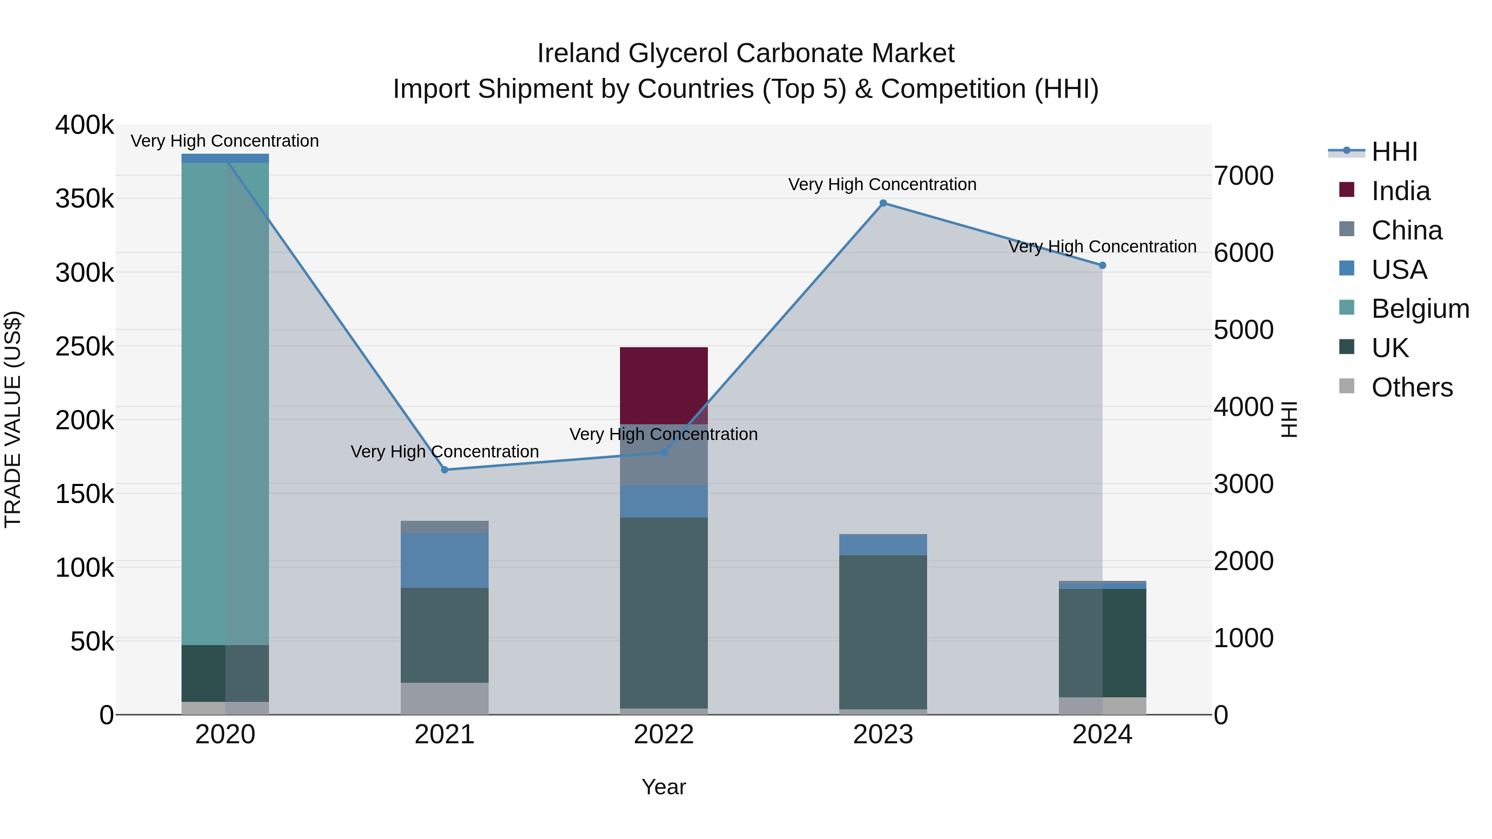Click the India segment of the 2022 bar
point(664,386)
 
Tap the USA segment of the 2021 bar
point(444,561)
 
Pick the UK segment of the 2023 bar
point(883,632)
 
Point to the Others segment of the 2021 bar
point(444,698)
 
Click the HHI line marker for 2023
point(883,203)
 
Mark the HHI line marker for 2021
point(444,469)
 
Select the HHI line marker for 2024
point(1102,265)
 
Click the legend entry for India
point(1400,191)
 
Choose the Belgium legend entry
point(1419,309)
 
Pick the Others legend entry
point(1412,387)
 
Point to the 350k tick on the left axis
point(85,198)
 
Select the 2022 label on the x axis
point(664,735)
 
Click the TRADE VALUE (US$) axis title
point(13,419)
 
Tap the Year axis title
point(664,787)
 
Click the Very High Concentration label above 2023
point(882,184)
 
